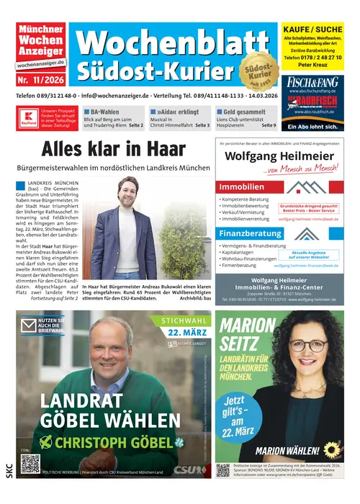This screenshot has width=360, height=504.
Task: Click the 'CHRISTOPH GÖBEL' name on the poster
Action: pyautogui.click(x=110, y=442)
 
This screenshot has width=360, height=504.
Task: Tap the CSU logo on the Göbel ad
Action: pyautogui.click(x=190, y=469)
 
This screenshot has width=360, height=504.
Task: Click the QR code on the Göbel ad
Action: pyautogui.click(x=30, y=464)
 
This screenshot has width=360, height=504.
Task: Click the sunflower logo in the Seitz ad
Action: pyautogui.click(x=332, y=451)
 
